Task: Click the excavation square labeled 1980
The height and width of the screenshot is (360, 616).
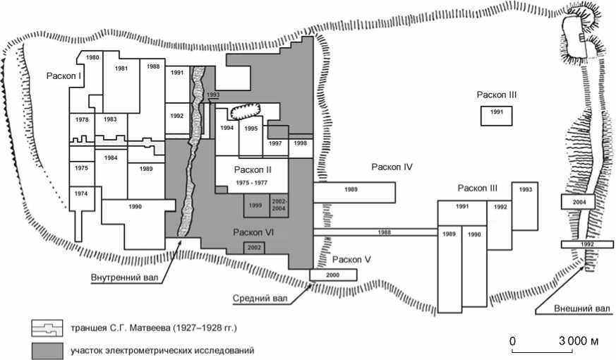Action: (92, 57)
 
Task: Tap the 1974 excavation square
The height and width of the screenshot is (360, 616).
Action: (81, 193)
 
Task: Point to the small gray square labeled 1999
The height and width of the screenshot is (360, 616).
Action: (255, 205)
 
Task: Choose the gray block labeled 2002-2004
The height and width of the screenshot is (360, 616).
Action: (279, 205)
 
